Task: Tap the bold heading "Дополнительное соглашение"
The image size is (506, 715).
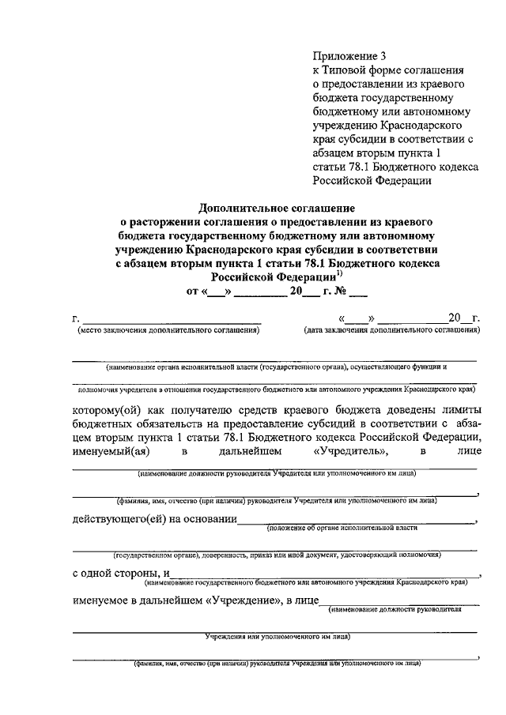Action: click(x=266, y=207)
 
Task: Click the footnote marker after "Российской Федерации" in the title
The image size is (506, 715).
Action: click(x=338, y=273)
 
